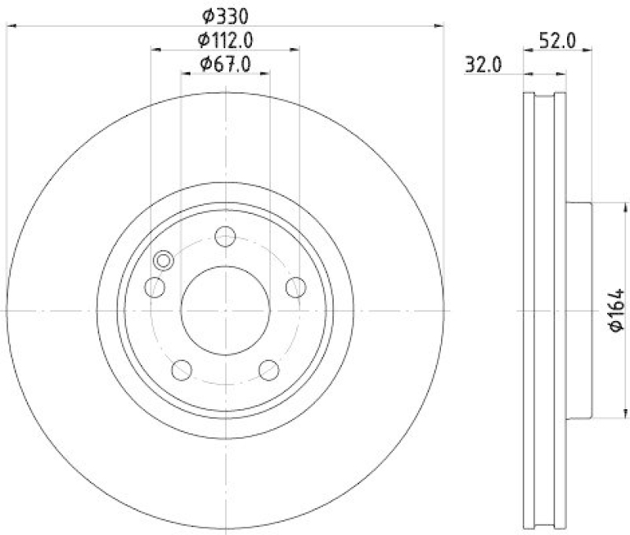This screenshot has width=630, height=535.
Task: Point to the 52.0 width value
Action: point(557,40)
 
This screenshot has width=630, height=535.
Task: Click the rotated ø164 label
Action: point(617,310)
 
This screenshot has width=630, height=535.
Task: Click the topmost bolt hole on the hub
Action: point(225,236)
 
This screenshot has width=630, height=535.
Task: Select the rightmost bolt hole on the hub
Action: point(295,287)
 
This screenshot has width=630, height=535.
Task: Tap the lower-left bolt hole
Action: point(182,369)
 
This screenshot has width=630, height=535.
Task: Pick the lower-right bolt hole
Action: point(269,369)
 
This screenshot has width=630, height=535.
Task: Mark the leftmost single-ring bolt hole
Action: point(156,287)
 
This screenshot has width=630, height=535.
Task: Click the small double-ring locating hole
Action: point(164,260)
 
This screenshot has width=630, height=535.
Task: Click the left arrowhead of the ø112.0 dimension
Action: point(154,50)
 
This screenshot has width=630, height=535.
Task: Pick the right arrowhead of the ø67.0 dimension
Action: point(266,74)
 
